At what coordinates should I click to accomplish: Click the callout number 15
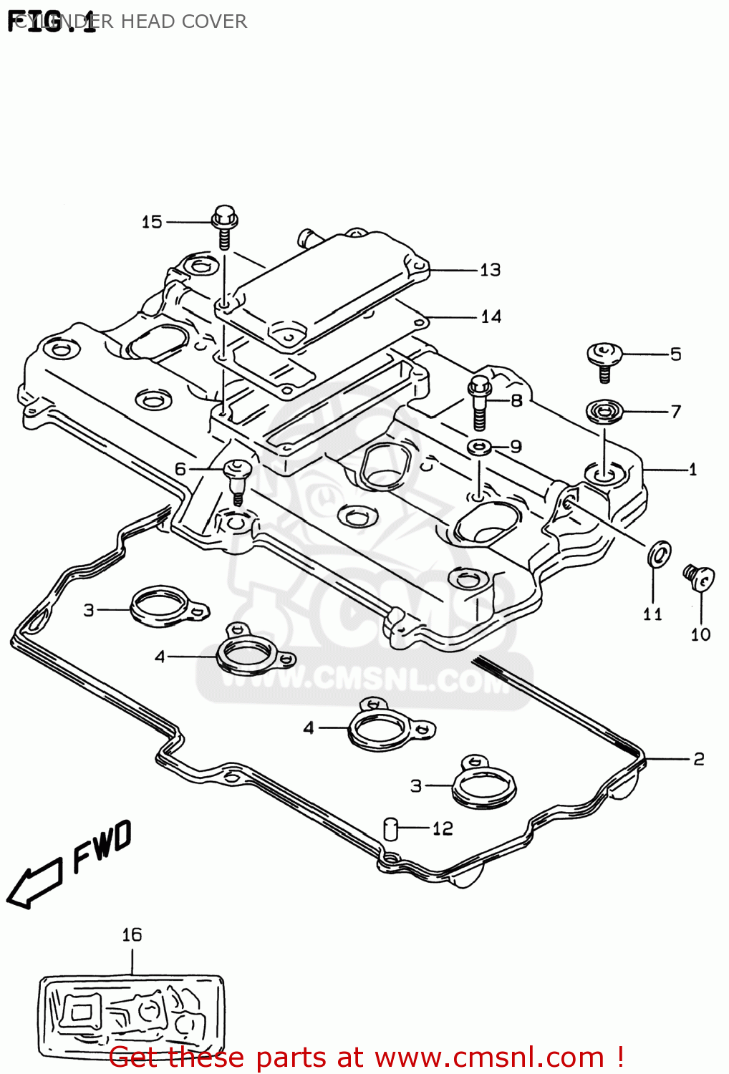click(152, 222)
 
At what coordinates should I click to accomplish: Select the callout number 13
click(490, 270)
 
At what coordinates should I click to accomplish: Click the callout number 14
click(491, 316)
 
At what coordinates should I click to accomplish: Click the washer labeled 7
click(604, 412)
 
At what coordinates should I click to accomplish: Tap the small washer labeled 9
click(479, 448)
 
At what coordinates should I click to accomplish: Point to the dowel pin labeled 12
click(391, 828)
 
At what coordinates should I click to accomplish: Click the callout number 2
click(698, 758)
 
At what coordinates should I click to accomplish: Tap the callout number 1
click(692, 470)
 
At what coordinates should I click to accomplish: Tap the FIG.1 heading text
click(52, 21)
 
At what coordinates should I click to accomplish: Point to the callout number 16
click(132, 934)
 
